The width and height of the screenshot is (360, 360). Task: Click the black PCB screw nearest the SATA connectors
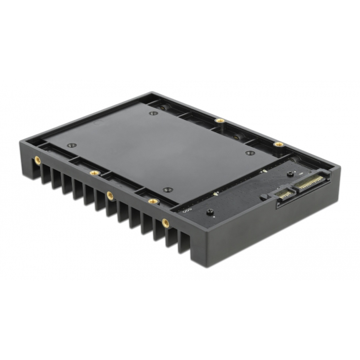click(x=290, y=174)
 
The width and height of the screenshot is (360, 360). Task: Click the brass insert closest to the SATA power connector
click(x=278, y=144)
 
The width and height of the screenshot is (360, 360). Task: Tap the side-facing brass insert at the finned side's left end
click(x=38, y=160)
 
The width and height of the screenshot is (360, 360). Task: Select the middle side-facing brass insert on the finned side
click(x=110, y=195)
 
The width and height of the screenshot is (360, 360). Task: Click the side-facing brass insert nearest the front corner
click(x=165, y=223)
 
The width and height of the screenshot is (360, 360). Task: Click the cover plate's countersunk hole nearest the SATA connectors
click(x=249, y=153)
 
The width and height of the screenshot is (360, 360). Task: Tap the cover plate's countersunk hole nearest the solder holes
click(x=167, y=190)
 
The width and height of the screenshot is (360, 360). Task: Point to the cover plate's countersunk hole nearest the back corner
click(x=154, y=113)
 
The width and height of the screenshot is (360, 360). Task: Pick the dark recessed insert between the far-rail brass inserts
click(x=236, y=137)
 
